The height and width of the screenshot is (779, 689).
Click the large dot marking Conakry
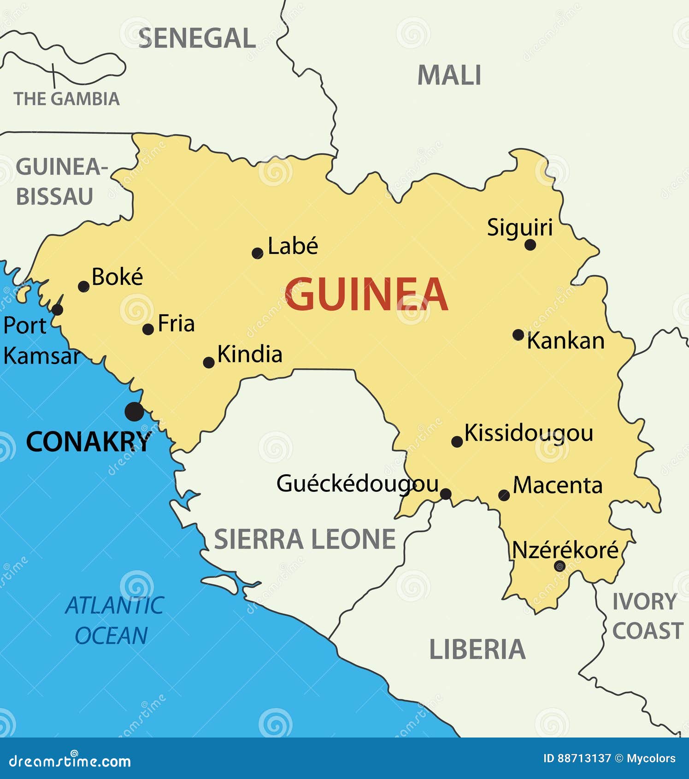[x=134, y=411]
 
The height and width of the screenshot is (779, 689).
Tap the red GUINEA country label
[x=366, y=295]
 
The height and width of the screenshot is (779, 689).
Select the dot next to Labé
[x=257, y=253]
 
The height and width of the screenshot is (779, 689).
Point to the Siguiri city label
[x=519, y=228]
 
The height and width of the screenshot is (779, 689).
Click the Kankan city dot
[x=518, y=335]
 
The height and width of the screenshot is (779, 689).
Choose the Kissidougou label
[x=529, y=433]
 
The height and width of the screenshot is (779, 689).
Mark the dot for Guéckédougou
[x=445, y=494]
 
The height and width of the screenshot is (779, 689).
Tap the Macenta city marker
[x=504, y=495]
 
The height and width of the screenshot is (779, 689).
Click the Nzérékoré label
[x=565, y=550]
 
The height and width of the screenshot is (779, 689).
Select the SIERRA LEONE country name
[x=305, y=539]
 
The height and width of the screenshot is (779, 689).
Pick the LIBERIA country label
[x=477, y=649]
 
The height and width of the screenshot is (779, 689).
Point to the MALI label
[x=449, y=75]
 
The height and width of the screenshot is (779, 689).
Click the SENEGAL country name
[x=197, y=38]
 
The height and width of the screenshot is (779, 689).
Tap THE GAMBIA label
[x=67, y=99]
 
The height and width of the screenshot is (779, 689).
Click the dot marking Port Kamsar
[x=57, y=309]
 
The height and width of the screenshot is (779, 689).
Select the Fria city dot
[x=148, y=329]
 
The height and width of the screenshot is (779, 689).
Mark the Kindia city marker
[x=208, y=362]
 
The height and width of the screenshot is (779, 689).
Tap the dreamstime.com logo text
[x=70, y=761]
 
